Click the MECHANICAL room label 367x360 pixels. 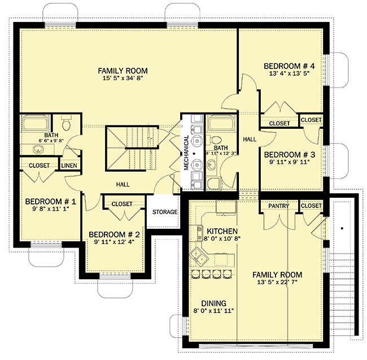(x=186, y=153)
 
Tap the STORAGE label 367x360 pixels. (x=165, y=212)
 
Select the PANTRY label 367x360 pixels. (x=278, y=206)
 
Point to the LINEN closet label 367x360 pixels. (x=69, y=166)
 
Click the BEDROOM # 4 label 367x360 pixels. (x=289, y=66)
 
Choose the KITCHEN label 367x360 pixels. (x=222, y=231)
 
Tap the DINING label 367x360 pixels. (x=213, y=303)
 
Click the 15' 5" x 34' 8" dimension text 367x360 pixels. (x=123, y=78)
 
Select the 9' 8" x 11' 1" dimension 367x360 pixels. (x=51, y=209)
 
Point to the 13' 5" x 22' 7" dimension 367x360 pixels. (x=277, y=282)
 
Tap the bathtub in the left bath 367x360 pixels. (x=36, y=124)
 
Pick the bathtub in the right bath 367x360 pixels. (x=220, y=124)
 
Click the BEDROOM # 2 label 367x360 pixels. (x=114, y=235)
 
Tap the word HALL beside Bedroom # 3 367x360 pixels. (x=250, y=140)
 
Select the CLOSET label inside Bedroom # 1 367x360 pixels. (x=39, y=166)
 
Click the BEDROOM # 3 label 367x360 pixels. (x=290, y=155)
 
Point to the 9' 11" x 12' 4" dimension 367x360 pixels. (x=114, y=242)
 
